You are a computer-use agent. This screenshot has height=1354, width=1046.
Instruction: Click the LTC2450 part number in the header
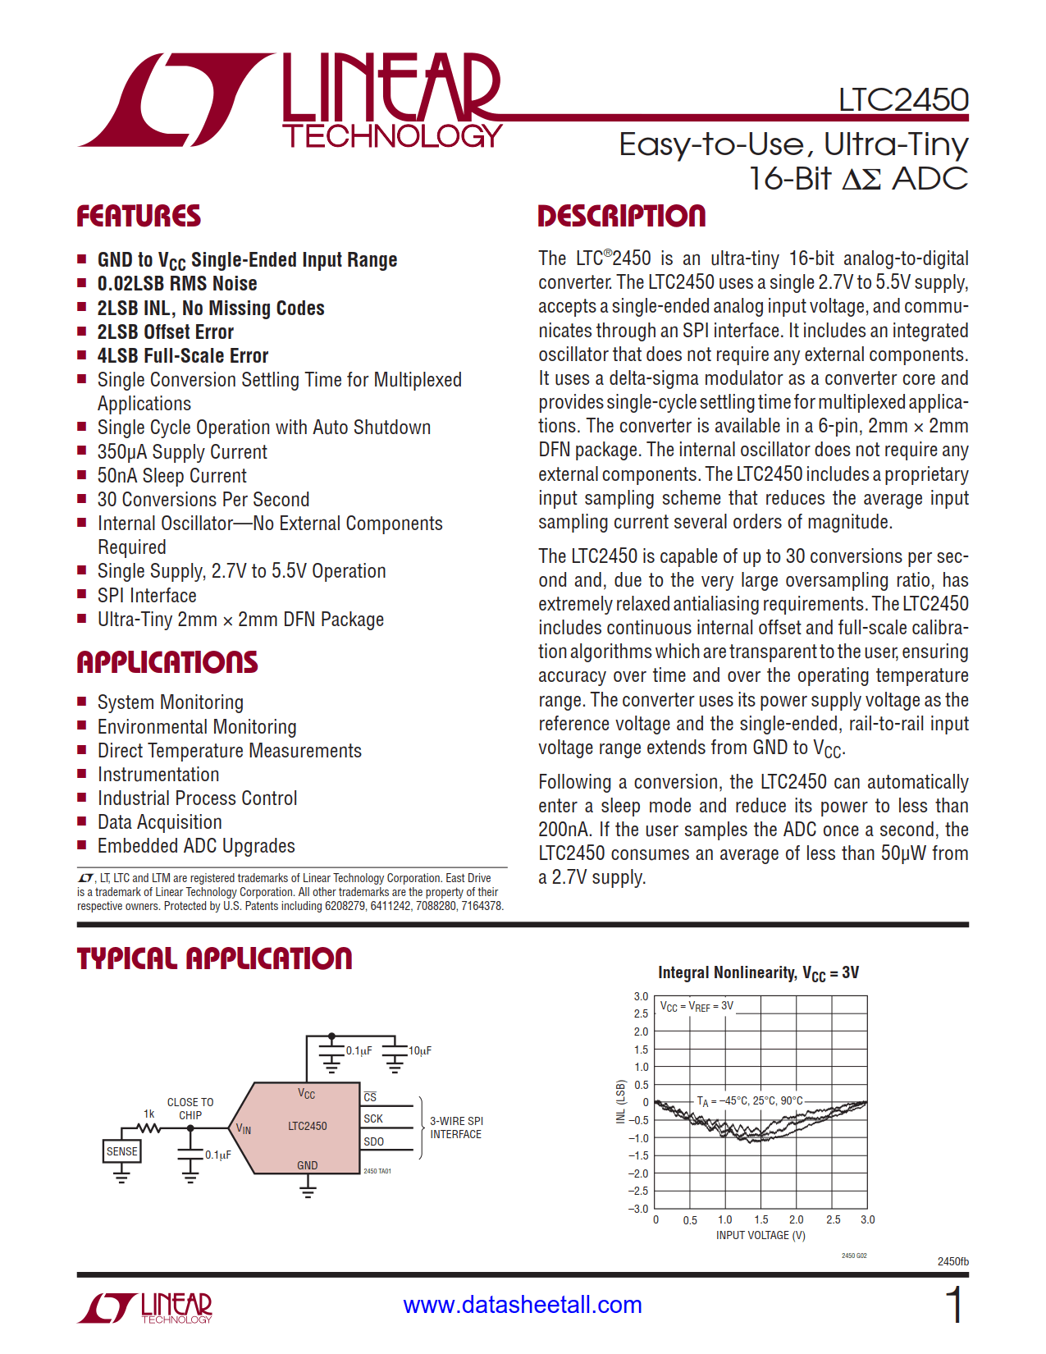902,100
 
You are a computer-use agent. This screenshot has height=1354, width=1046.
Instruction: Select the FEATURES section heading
139,217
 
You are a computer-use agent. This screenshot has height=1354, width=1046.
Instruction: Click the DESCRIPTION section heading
621,217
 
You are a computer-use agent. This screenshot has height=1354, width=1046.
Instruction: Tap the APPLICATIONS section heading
167,662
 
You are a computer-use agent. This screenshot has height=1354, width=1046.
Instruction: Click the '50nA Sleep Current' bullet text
171,476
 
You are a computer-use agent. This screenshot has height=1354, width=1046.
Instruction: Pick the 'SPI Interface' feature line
147,596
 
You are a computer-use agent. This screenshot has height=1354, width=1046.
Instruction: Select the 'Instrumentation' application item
158,775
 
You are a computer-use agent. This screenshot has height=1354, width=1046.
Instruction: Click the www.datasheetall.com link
523,1305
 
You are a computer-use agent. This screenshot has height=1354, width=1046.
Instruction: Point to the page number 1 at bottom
954,1305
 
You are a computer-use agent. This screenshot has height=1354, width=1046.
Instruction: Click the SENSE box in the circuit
121,1151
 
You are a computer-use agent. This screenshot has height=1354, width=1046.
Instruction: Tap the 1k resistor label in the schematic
149,1114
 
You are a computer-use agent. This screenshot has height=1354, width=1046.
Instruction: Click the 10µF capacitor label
419,1050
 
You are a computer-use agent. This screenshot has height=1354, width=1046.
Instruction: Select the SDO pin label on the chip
373,1141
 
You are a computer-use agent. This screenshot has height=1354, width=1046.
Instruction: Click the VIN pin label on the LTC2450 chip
244,1129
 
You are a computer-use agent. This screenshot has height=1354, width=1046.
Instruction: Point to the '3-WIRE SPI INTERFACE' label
456,1128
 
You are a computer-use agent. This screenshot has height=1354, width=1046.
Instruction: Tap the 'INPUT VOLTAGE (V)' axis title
761,1235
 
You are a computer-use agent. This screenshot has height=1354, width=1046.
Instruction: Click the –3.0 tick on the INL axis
638,1209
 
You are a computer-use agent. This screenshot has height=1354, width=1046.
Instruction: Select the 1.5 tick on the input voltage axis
761,1220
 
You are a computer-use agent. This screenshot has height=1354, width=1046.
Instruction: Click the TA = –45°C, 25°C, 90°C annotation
750,1101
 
